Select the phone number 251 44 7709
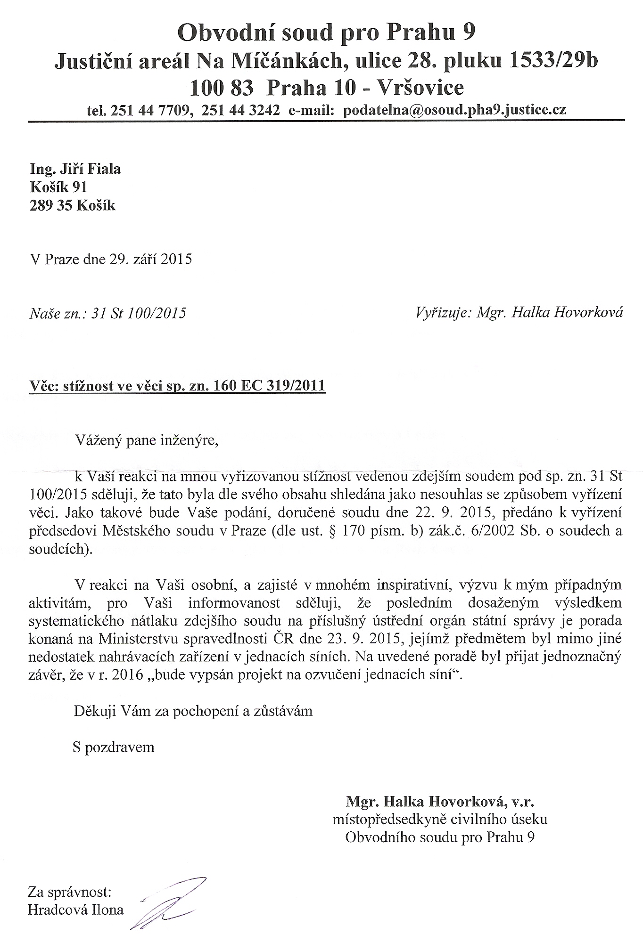click(150, 110)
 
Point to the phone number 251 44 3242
click(240, 110)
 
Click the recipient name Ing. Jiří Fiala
click(75, 169)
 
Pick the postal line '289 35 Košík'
click(72, 205)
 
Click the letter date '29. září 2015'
click(150, 260)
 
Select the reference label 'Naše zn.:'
click(56, 313)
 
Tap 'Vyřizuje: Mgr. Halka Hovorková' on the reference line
click(519, 312)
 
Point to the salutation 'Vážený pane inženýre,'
click(147, 442)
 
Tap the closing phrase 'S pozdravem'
click(114, 747)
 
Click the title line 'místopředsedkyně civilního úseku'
click(440, 819)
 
